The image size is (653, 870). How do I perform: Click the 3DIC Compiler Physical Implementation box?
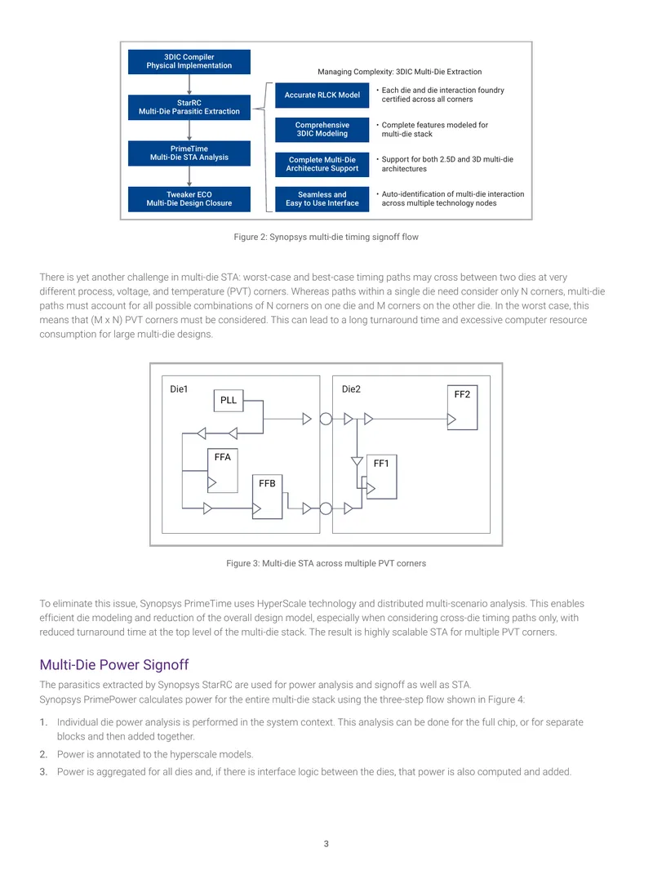189,61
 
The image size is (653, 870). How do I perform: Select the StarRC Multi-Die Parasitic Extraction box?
189,107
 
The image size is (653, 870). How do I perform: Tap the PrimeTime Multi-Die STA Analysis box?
189,153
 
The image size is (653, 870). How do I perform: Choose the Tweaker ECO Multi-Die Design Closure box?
189,199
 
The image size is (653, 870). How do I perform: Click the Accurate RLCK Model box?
322,95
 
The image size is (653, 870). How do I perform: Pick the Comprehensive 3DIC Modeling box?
322,130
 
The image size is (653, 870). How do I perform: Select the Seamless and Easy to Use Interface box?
322,199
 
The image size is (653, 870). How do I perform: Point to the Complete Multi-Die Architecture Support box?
322,164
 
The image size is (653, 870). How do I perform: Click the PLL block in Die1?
229,401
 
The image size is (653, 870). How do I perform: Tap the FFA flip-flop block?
223,471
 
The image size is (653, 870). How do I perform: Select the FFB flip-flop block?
268,496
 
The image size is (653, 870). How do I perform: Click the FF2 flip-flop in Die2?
462,407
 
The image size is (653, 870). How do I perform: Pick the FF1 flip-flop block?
382,477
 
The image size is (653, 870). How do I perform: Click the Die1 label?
179,389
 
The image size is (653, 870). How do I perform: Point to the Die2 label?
351,389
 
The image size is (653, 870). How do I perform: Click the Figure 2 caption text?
326,237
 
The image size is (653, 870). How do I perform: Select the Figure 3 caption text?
326,563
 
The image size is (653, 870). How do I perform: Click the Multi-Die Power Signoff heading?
113,664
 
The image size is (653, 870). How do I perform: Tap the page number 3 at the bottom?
326,844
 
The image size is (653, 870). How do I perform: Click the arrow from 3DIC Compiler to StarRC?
189,84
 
